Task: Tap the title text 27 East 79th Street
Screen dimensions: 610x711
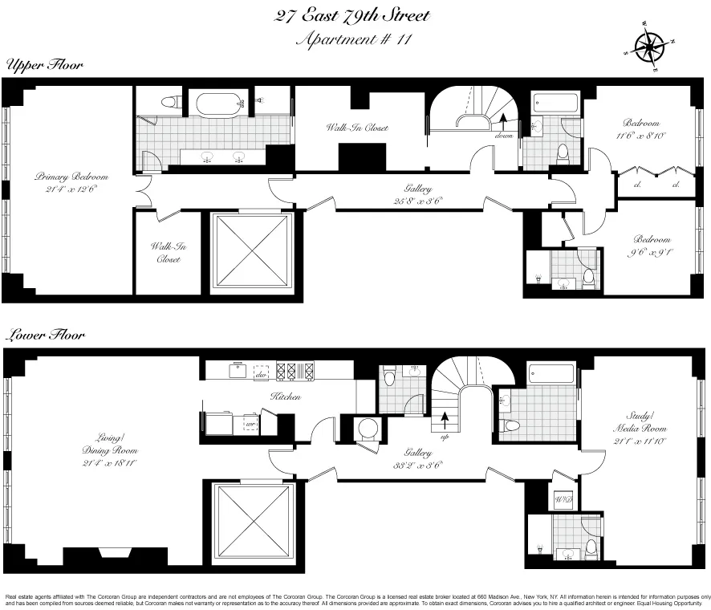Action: tap(351, 15)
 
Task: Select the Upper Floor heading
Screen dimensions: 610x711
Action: tap(45, 65)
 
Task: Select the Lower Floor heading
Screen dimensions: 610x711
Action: tap(45, 335)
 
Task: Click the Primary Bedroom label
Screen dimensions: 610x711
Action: tap(71, 182)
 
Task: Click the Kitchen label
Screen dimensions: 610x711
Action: tap(285, 396)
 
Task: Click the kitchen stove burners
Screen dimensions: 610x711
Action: tap(287, 371)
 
